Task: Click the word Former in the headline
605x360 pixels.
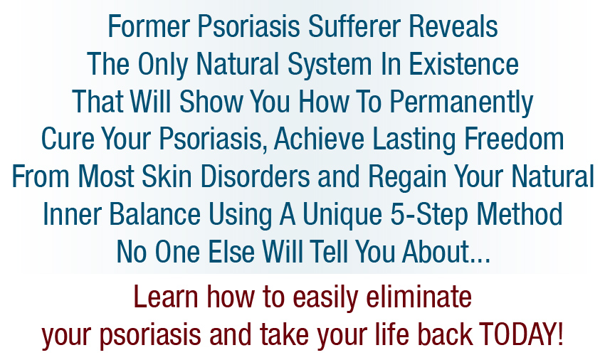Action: pos(149,26)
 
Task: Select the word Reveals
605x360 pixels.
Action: pos(453,26)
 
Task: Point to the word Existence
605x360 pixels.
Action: pos(463,63)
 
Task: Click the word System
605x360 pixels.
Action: pos(330,65)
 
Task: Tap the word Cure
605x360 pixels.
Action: pos(68,139)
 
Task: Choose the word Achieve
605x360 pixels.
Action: pos(319,139)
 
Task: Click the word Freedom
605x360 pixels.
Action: pos(514,139)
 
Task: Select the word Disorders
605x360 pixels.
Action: pos(255,176)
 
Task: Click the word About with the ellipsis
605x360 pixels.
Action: pos(446,252)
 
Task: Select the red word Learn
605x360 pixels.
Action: pos(166,297)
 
